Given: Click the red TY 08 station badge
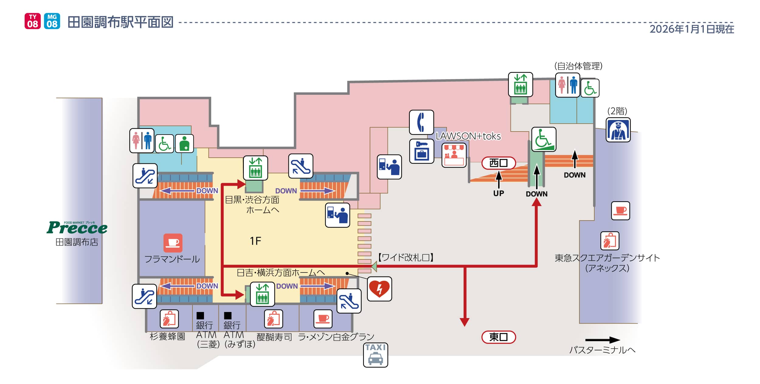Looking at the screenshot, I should tap(33, 21).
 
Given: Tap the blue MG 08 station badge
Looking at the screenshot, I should tap(52, 21).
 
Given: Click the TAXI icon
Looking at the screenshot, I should tap(376, 355).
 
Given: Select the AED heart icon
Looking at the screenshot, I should tap(379, 289).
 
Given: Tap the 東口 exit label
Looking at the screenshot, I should tap(499, 337).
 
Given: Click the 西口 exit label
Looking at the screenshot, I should tap(499, 163).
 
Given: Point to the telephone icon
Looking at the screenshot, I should tap(421, 122).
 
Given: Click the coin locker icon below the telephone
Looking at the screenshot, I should tap(421, 151).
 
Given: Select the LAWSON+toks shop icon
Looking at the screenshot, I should tap(454, 156).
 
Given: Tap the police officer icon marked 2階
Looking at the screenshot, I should tap(618, 130).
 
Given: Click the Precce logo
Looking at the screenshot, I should tap(77, 228).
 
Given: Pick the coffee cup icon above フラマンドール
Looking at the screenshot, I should tap(173, 243).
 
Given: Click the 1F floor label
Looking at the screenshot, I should tap(255, 241).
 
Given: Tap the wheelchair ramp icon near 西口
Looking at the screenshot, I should tap(544, 139).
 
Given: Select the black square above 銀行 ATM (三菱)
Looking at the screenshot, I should tap(200, 316).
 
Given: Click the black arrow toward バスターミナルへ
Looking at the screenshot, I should tap(602, 340).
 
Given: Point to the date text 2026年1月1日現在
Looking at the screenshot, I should tap(692, 29).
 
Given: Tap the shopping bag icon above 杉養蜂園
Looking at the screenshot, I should tap(169, 319).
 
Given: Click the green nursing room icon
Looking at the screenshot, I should tap(184, 143).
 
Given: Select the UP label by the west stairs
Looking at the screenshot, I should tap(499, 193).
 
